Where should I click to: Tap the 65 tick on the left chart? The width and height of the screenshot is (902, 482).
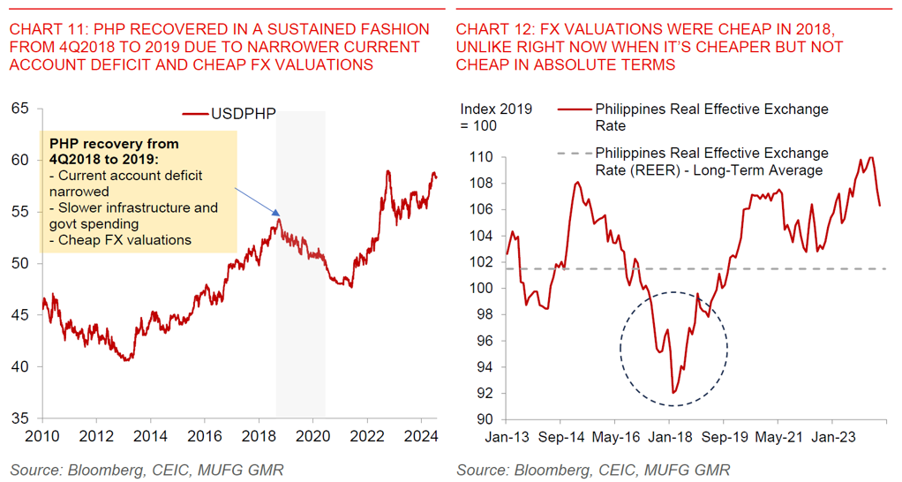(x=19, y=109)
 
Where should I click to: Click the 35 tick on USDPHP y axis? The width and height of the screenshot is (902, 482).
(x=19, y=418)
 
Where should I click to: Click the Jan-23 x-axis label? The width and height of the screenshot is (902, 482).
(x=831, y=435)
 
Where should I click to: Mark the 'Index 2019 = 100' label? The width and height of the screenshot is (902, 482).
(x=496, y=117)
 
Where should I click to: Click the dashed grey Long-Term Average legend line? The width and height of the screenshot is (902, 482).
(x=574, y=154)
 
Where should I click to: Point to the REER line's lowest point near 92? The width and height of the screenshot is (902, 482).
(x=673, y=393)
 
